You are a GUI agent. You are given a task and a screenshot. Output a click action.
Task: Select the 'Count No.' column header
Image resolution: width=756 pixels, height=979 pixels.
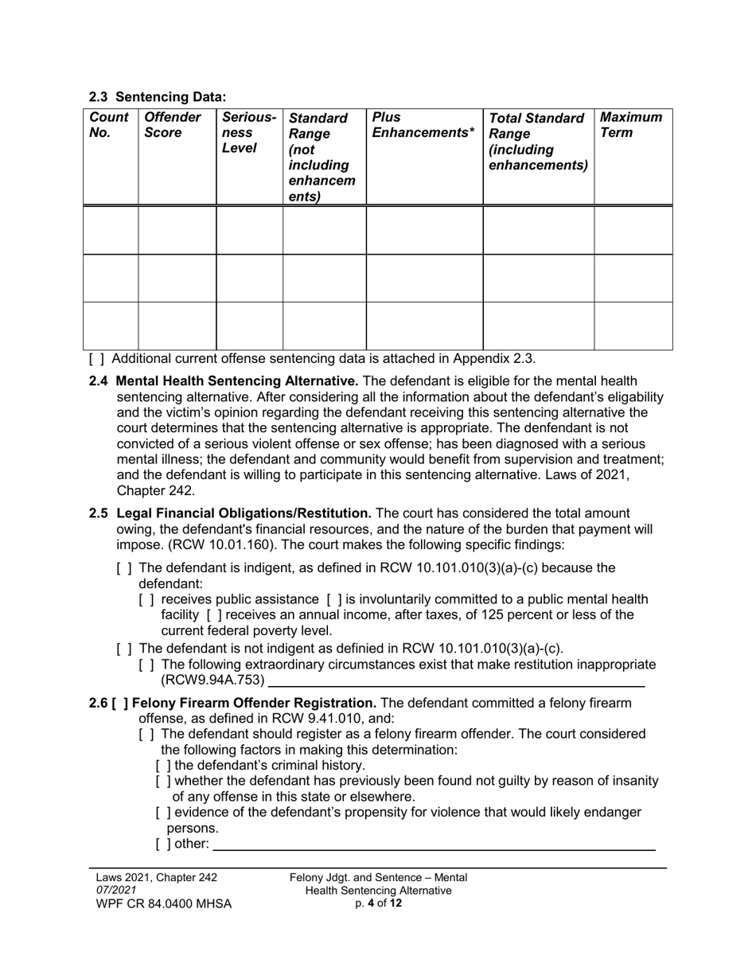click(109, 125)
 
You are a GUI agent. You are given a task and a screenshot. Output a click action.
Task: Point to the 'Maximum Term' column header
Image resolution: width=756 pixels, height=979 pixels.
click(631, 125)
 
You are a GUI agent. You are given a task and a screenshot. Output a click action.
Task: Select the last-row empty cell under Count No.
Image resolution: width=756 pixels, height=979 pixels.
click(112, 326)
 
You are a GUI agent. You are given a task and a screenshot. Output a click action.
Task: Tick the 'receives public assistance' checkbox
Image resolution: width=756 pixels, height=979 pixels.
click(146, 599)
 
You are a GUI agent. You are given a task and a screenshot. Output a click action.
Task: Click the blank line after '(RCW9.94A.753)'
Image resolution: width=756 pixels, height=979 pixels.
click(456, 681)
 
